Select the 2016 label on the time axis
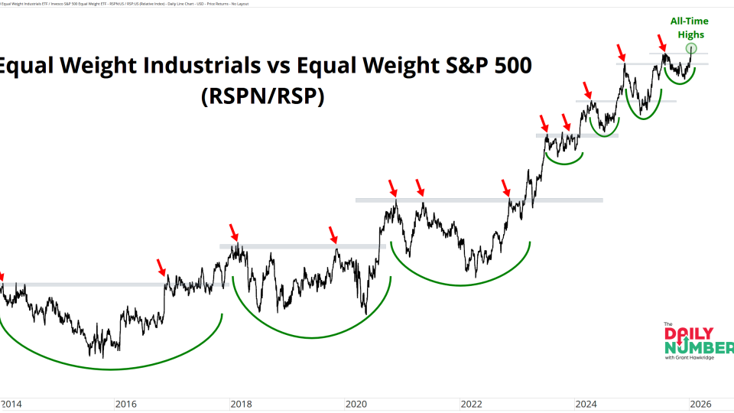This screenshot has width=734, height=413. (x=125, y=403)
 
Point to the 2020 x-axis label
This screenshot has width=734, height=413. (x=356, y=403)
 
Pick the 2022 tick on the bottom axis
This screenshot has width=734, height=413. (x=471, y=403)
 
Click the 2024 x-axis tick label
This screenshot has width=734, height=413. (x=586, y=403)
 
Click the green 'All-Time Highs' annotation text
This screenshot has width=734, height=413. (x=690, y=28)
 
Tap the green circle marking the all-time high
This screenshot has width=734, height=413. (x=692, y=49)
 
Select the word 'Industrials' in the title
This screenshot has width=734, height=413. (x=184, y=66)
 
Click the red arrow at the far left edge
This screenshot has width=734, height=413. (x=2, y=276)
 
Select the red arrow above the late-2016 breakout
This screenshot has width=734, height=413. (x=162, y=267)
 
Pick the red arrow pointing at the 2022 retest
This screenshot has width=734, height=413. (x=505, y=187)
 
